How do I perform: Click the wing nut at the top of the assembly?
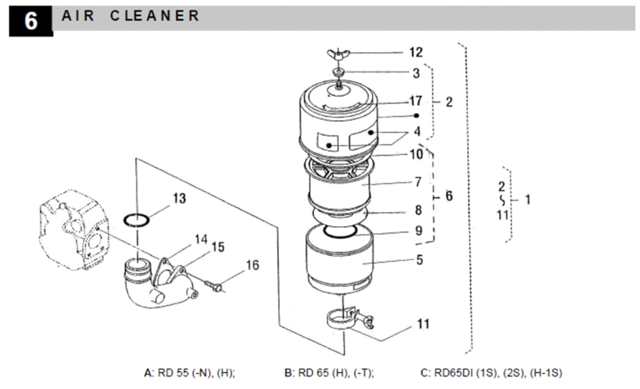(x=338, y=54)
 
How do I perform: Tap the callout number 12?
(x=416, y=52)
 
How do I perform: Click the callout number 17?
(x=415, y=101)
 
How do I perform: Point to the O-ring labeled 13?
(x=136, y=220)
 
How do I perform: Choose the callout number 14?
(x=201, y=239)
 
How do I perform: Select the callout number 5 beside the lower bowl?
(x=419, y=260)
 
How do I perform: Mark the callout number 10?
(x=416, y=154)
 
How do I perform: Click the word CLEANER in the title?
(x=155, y=16)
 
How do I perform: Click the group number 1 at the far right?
(x=527, y=200)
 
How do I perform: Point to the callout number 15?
(x=218, y=247)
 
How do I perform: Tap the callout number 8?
(x=418, y=210)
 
